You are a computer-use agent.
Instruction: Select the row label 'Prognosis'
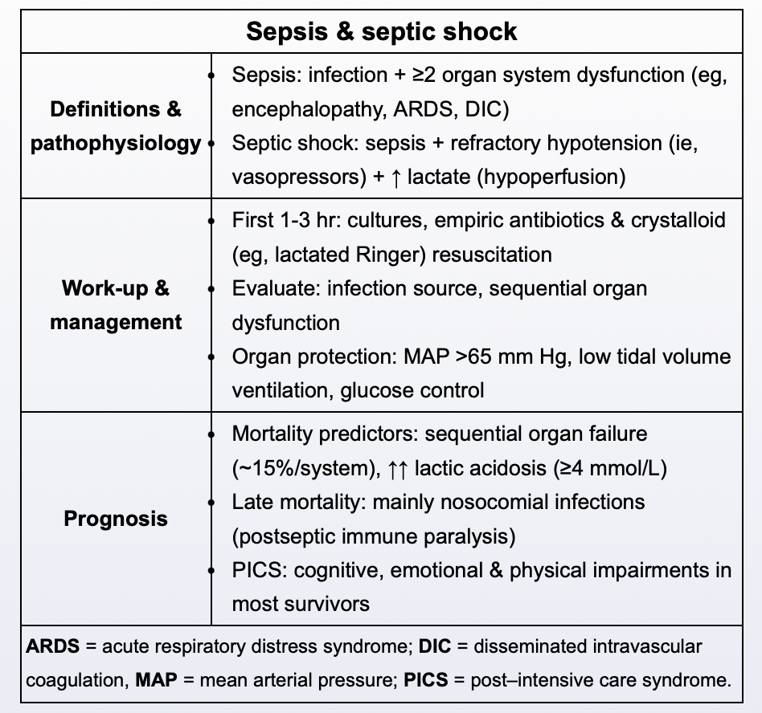[116, 519]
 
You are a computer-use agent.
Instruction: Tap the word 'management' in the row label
[116, 322]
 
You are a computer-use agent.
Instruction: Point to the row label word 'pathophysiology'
[116, 143]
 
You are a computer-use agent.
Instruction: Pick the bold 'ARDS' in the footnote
[49, 646]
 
